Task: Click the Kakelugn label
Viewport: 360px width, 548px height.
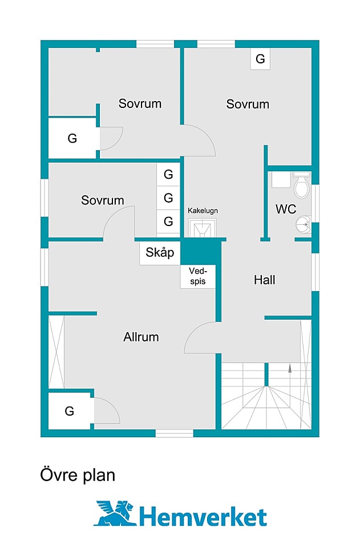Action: [x=203, y=211]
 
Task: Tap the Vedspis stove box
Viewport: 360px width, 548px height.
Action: [x=198, y=277]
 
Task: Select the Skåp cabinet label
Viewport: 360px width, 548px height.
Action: [x=160, y=252]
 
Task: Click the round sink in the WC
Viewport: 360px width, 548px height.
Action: [x=305, y=225]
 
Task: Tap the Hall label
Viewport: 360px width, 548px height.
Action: [x=265, y=280]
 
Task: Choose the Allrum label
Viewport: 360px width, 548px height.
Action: [x=141, y=337]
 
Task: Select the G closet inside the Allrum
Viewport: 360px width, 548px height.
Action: [x=70, y=410]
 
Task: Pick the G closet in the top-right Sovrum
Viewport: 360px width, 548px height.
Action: [x=260, y=59]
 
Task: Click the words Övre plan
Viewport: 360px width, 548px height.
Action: [x=78, y=474]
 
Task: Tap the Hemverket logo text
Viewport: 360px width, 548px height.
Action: [x=203, y=517]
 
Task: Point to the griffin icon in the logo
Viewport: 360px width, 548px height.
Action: [x=115, y=513]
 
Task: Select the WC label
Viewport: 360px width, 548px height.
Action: [x=286, y=209]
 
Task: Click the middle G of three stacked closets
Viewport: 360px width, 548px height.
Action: [x=168, y=198]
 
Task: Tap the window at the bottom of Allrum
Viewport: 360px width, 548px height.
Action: [x=175, y=433]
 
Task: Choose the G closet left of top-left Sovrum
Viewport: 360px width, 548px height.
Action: [x=72, y=138]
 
